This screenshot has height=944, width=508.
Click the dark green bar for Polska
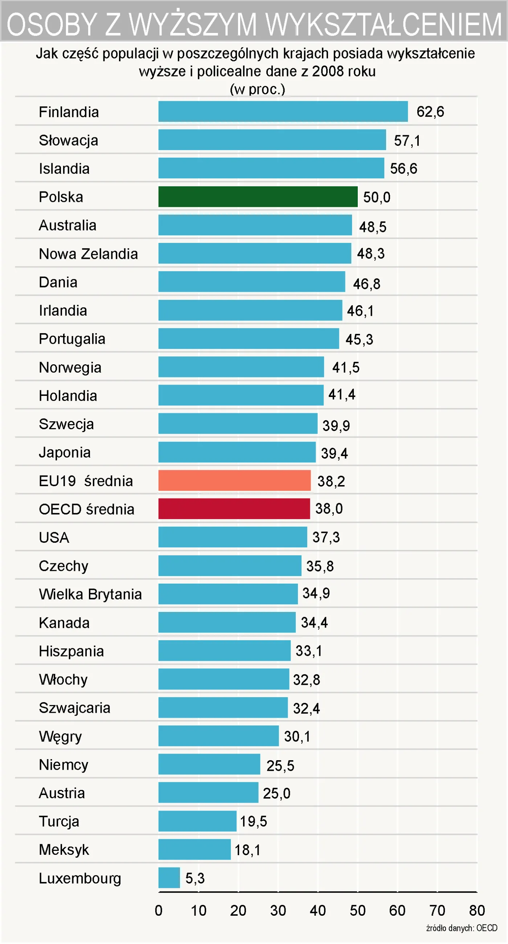[x=258, y=197]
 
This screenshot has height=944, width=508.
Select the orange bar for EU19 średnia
[x=234, y=480]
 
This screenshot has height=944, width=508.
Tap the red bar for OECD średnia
[x=234, y=509]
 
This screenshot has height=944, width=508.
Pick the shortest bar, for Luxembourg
[x=169, y=878]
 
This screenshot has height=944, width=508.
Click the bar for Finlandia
[x=283, y=111]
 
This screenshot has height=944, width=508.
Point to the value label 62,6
[x=430, y=112]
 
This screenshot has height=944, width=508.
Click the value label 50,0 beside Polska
[x=377, y=197]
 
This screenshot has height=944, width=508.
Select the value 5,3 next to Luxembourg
[x=195, y=878]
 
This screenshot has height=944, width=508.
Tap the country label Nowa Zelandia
[x=89, y=254]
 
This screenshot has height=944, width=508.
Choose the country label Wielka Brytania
[x=90, y=594]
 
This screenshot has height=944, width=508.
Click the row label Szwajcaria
[x=74, y=708]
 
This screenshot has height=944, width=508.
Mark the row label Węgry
[x=60, y=736]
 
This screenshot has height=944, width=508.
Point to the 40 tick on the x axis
[x=317, y=910]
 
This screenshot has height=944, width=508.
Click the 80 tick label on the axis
[x=477, y=910]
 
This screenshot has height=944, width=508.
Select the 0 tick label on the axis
[x=159, y=910]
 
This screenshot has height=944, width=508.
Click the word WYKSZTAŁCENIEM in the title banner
[x=383, y=24]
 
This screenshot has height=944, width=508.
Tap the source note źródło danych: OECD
[x=462, y=928]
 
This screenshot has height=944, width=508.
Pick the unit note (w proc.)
[x=258, y=89]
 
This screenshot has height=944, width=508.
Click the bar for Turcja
[x=197, y=821]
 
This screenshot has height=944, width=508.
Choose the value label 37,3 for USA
[x=326, y=537]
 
